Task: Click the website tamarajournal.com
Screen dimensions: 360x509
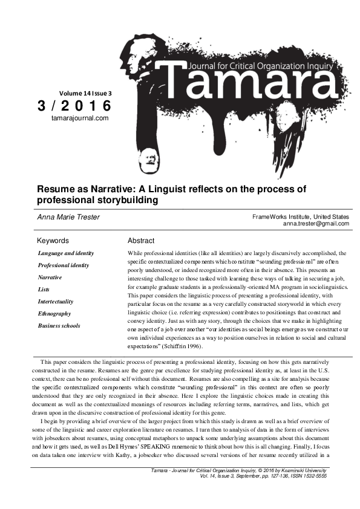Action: tap(80, 118)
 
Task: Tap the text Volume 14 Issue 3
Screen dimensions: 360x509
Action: tap(85, 93)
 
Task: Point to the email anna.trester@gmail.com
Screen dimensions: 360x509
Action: tap(316, 224)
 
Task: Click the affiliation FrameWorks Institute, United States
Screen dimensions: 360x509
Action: tap(301, 216)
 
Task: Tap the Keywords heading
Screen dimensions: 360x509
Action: tap(53, 241)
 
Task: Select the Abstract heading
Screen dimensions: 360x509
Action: tap(141, 241)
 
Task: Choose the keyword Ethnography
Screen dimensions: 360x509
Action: tap(54, 313)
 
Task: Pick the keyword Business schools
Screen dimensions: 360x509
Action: tap(59, 325)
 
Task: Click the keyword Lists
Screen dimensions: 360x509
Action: tap(44, 289)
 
